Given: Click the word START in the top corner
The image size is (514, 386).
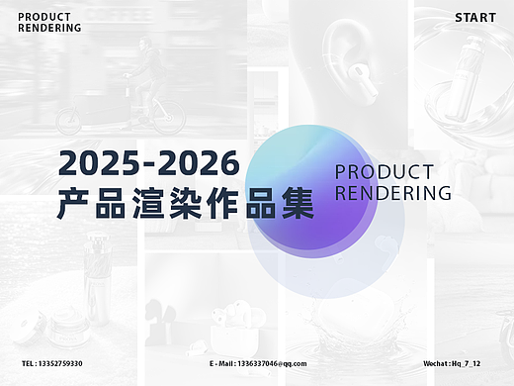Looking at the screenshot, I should (x=475, y=18).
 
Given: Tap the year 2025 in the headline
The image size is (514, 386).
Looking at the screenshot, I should (x=97, y=159).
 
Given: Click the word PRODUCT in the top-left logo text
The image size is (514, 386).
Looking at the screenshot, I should (x=43, y=18).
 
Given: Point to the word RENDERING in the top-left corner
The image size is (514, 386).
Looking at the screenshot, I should (x=49, y=28).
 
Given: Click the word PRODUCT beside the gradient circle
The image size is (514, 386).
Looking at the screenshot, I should (x=384, y=171).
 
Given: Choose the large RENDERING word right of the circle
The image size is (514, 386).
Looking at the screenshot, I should (x=392, y=192).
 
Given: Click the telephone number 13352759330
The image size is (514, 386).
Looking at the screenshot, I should (x=61, y=364).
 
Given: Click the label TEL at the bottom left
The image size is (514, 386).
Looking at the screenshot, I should (x=28, y=364).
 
